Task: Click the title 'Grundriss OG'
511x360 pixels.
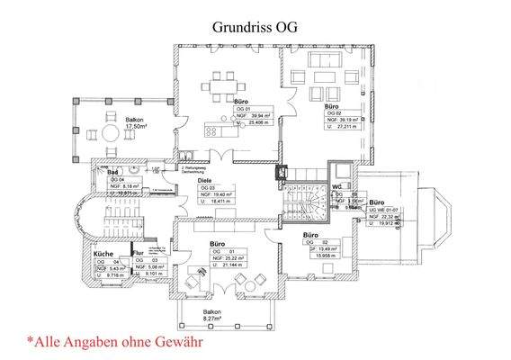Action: click(255, 26)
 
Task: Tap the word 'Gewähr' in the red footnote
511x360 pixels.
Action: click(175, 342)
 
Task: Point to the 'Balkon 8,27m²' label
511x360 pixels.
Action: click(211, 312)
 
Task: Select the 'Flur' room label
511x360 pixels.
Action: click(139, 255)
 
